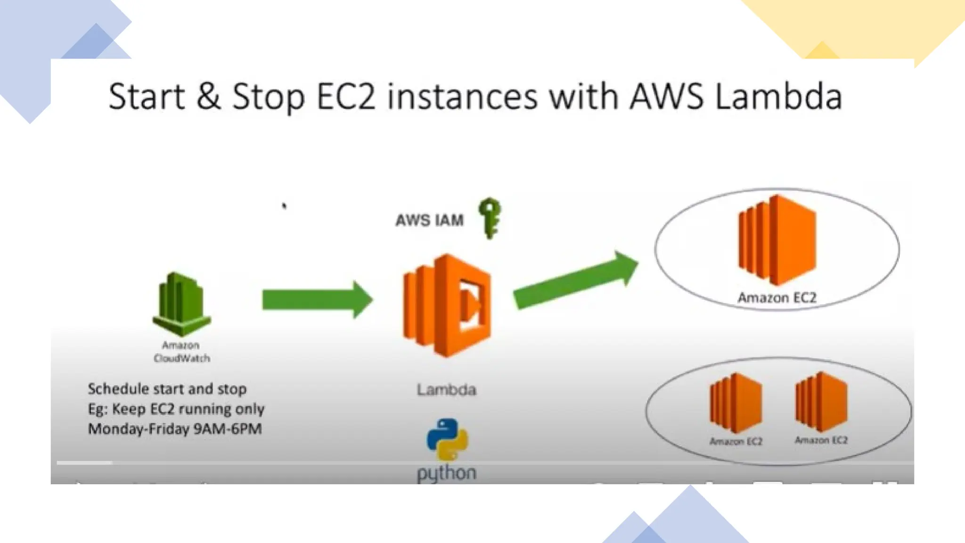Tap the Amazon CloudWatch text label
pos(181,352)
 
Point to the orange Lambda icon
pos(447,305)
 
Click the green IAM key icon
pos(490,218)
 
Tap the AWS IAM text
pos(429,220)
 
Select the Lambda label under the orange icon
pos(446,390)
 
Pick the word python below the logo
pos(447,473)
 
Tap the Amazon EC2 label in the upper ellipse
pos(777,298)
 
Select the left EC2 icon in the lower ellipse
pos(736,403)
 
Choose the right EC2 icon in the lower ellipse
pos(821,402)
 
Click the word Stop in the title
pos(268,97)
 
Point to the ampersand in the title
pos(208,96)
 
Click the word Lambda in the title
pos(778,96)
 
